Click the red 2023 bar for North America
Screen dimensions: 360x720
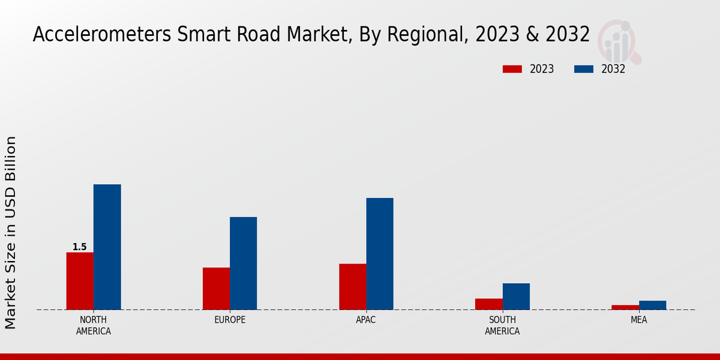pos(80,281)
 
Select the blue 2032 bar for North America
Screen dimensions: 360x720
pos(107,247)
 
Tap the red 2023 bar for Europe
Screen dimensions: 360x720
pos(216,289)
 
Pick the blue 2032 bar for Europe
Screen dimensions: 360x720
pos(243,263)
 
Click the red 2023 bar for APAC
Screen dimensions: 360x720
pos(352,287)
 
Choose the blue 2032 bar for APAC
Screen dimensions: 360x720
pos(380,254)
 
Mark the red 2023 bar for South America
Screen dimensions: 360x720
pos(488,304)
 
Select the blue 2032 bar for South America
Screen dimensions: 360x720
pos(516,296)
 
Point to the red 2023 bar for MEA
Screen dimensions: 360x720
pos(625,307)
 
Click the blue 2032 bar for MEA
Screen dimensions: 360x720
pos(652,305)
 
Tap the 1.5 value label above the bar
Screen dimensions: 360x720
pos(80,247)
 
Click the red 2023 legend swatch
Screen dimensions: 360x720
pos(512,69)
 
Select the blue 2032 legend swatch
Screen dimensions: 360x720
pos(584,69)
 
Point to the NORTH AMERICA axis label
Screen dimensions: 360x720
pos(94,325)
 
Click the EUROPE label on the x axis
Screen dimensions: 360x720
pos(230,320)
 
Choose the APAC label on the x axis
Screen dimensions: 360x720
pos(366,320)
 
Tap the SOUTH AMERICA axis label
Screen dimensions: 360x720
pos(502,325)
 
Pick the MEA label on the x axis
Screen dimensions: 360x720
pos(638,320)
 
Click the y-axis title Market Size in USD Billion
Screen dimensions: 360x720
pos(11,232)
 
